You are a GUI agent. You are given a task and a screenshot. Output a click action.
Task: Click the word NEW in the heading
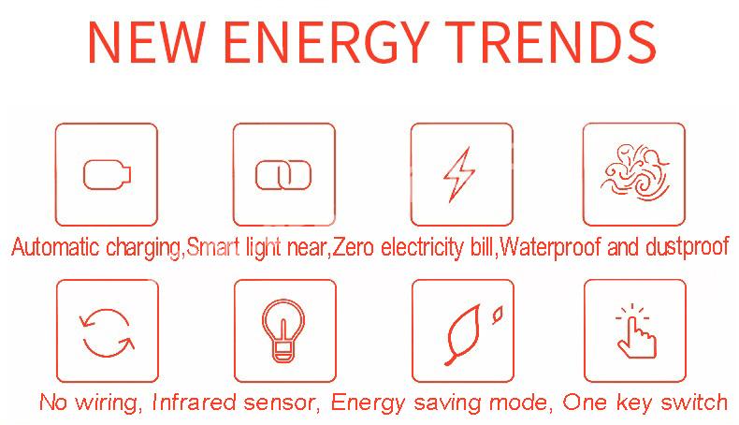(147, 42)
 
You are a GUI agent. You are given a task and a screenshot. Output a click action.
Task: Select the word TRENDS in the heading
(551, 42)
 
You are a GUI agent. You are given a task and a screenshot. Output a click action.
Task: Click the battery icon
(107, 174)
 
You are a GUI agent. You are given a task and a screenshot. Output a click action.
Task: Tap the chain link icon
(283, 175)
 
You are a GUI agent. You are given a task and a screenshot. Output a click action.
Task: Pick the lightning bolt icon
(459, 174)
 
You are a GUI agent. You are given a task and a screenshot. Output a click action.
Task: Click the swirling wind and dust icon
(635, 171)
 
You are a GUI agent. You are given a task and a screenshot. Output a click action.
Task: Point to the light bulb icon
(283, 330)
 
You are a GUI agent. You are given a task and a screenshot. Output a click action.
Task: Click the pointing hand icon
(636, 331)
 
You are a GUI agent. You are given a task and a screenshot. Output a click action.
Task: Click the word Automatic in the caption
(55, 247)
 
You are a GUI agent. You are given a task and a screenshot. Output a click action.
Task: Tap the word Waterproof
(550, 248)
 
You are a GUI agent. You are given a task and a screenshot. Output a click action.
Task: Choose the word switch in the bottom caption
(694, 403)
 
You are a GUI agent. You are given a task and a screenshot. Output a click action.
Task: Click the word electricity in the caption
(422, 248)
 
